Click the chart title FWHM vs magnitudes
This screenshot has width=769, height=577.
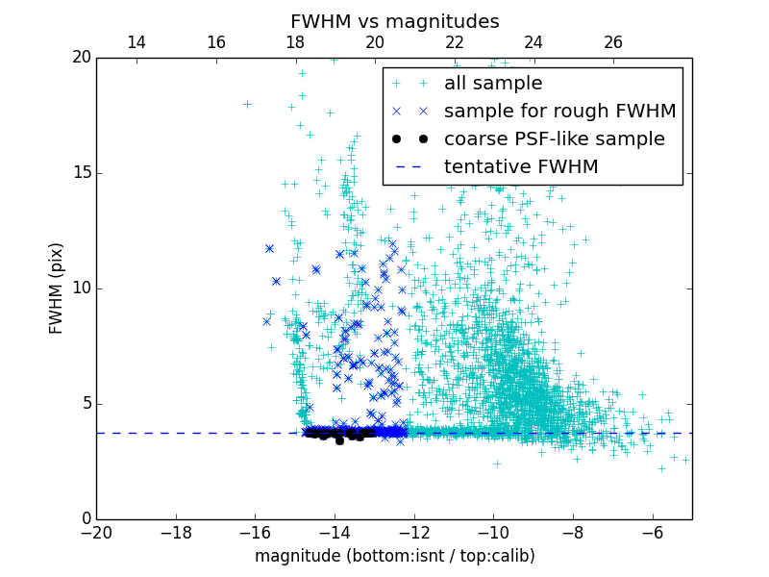pos(394,21)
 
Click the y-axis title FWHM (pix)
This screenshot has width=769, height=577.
pos(57,288)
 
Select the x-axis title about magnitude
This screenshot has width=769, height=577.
pos(394,556)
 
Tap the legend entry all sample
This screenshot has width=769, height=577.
pos(492,84)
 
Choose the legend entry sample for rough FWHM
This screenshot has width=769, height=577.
pos(559,112)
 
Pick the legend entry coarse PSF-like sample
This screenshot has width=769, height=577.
pos(554,139)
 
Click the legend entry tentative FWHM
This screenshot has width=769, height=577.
pos(520,167)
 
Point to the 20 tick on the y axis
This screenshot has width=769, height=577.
pos(81,58)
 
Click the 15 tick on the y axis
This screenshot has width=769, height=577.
pos(81,173)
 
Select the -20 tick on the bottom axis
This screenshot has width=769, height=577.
pos(96,532)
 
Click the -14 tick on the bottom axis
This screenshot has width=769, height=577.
pos(335,532)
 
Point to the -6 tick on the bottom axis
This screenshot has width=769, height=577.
pos(653,532)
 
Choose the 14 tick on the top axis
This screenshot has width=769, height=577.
pos(136,42)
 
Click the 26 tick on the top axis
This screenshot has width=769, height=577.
pos(613,42)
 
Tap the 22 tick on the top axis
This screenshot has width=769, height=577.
pos(455,42)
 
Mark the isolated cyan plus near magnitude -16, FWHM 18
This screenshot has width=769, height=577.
pos(247,104)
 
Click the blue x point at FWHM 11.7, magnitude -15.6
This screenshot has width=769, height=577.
pos(269,248)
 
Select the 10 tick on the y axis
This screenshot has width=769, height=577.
pos(81,288)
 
